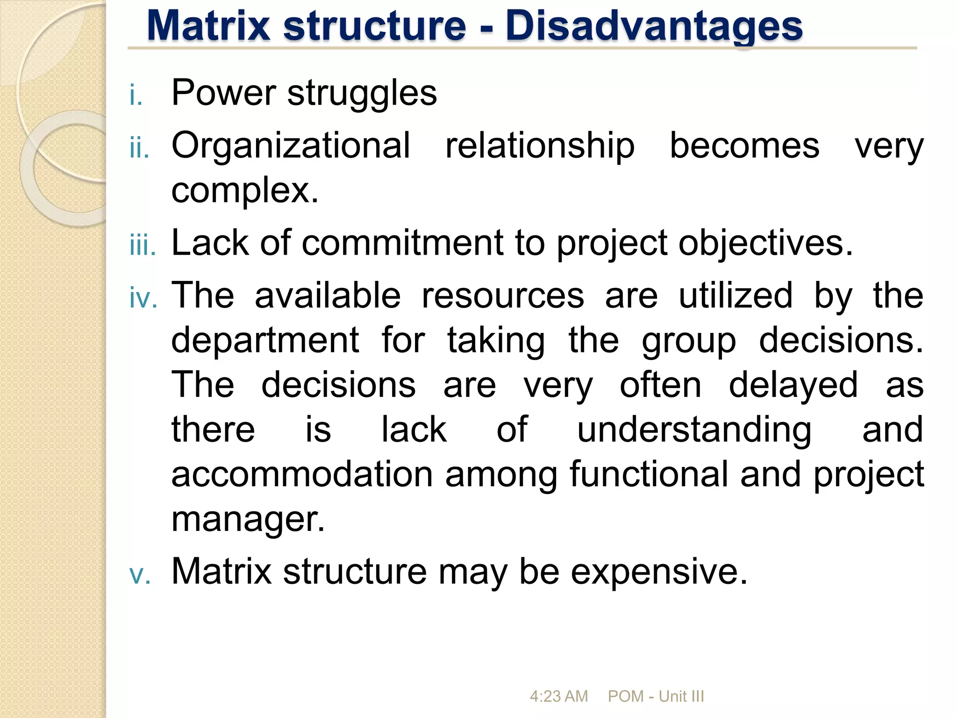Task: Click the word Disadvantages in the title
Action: click(x=654, y=26)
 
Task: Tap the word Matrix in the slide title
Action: click(x=208, y=26)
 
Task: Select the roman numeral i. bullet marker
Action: click(x=136, y=95)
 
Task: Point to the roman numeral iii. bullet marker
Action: click(x=143, y=246)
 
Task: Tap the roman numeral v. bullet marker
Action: click(x=140, y=574)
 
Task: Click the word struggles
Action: click(x=362, y=93)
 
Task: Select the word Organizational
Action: click(x=291, y=145)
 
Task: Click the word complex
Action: click(x=245, y=190)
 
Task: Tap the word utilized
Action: click(x=736, y=295)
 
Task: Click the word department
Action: click(x=265, y=340)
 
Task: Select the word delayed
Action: click(x=793, y=385)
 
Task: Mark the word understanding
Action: click(x=694, y=430)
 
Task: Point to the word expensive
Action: click(x=659, y=572)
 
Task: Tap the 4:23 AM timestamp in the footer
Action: click(x=558, y=696)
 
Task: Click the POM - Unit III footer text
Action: click(x=656, y=696)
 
